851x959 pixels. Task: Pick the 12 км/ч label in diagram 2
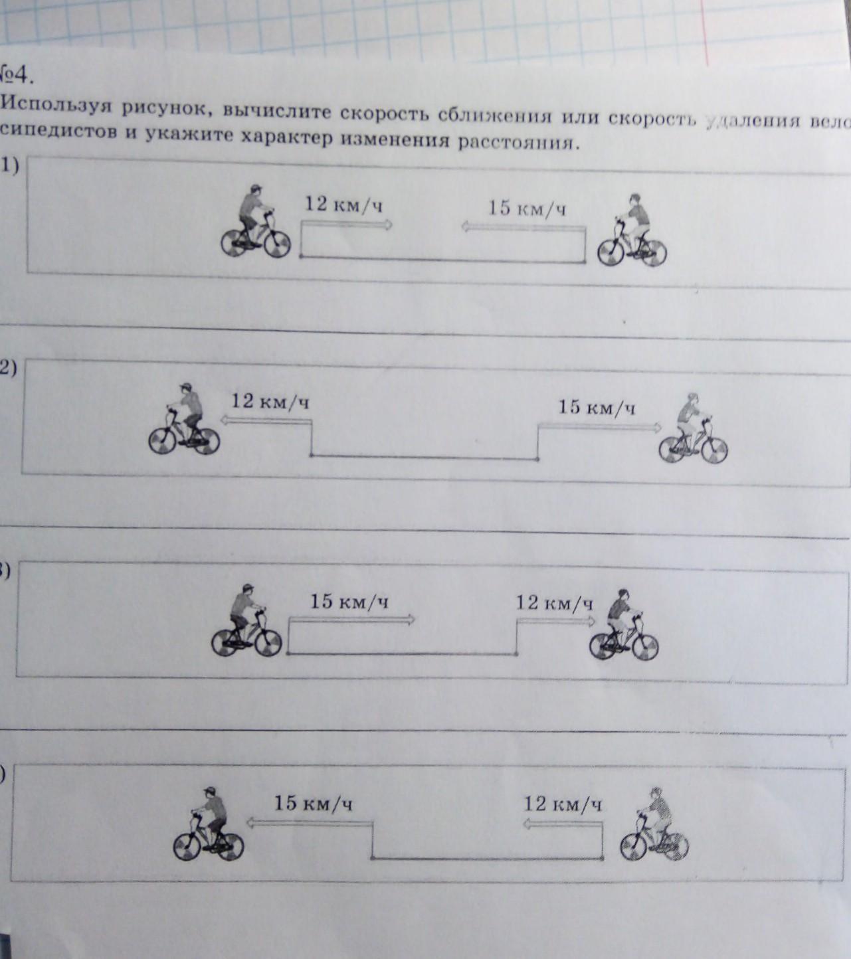click(271, 402)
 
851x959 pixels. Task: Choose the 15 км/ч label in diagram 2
click(597, 407)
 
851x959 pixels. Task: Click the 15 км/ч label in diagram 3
click(349, 602)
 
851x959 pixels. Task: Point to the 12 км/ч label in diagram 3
click(554, 603)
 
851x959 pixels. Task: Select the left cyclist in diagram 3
click(246, 621)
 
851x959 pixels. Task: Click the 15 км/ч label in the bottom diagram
click(313, 804)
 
